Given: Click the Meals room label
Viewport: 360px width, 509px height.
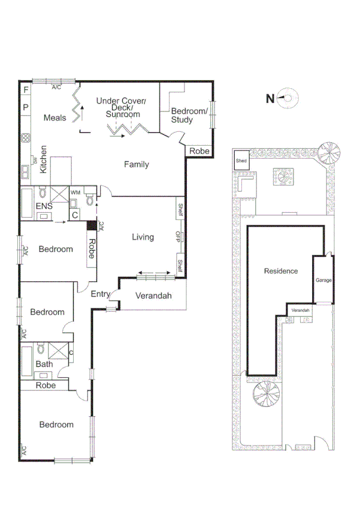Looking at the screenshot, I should point(55,118).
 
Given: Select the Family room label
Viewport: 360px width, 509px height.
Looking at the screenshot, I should point(137,164).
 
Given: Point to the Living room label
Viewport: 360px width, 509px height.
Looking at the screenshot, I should point(143,237).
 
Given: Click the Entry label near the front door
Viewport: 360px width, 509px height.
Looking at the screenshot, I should point(101,294).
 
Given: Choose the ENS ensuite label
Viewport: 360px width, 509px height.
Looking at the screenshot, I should point(43,206).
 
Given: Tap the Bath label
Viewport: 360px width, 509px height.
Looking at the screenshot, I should point(44,364).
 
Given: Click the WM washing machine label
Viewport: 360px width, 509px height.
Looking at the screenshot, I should point(75,192).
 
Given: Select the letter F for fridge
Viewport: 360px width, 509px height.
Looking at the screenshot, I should point(26,91).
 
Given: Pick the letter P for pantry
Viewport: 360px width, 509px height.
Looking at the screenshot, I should point(26,108).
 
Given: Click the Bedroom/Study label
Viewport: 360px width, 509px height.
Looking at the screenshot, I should point(189,115).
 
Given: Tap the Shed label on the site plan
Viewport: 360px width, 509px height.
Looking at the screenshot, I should point(241,161).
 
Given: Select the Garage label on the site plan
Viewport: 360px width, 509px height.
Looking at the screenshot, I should point(323,280).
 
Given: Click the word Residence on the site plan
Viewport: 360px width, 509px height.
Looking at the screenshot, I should point(281,271).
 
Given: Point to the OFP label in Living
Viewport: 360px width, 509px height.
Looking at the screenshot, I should point(179,237).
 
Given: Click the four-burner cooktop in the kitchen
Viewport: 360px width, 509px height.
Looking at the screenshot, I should point(26,137).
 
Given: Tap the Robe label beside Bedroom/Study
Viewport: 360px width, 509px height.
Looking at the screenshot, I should point(199,151).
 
